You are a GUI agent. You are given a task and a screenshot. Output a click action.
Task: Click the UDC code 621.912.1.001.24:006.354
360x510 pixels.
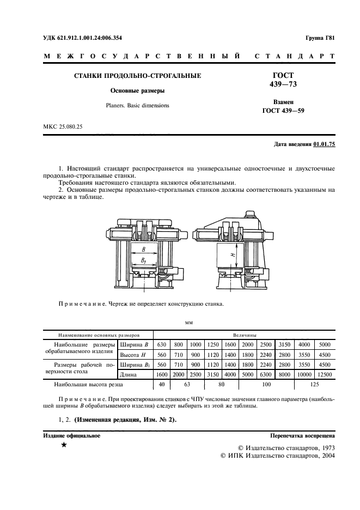90,38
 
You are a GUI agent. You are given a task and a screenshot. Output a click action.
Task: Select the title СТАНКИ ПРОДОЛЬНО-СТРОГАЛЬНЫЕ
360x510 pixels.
138,76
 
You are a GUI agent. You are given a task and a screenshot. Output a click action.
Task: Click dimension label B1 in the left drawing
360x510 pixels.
143,262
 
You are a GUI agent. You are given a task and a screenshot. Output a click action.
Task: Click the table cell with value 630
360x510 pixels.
162,345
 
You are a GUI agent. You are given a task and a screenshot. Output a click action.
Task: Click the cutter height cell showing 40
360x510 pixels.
162,384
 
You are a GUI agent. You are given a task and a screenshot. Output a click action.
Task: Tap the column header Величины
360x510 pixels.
245,335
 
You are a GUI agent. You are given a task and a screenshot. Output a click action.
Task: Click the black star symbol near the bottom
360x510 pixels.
64,445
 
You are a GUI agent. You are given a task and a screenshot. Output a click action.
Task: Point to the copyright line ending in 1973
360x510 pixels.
286,447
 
